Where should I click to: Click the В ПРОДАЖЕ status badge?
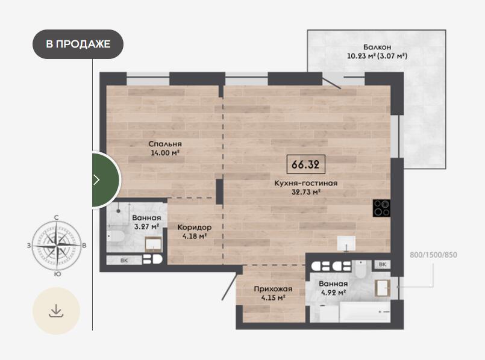point(78,44)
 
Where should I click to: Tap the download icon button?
point(56,311)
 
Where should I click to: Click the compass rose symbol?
point(57,246)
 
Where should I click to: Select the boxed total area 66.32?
point(305,164)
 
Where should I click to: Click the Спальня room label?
point(165,144)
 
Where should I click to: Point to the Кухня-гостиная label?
point(306,183)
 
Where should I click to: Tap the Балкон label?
point(377,47)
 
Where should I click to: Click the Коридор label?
point(195,228)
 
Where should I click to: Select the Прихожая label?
point(273,289)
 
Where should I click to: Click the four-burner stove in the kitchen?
point(381,208)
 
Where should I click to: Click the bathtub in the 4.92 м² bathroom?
point(365,311)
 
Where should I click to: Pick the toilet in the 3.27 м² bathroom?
point(116,237)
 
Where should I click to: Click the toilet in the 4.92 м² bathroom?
point(360,269)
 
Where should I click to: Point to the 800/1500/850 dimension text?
point(433,255)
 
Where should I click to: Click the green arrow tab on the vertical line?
point(105,179)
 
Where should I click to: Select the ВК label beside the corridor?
point(124,261)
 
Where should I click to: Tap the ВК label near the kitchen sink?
point(383,264)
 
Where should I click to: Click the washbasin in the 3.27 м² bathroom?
point(154,243)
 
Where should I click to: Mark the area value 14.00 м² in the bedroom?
point(165,153)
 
